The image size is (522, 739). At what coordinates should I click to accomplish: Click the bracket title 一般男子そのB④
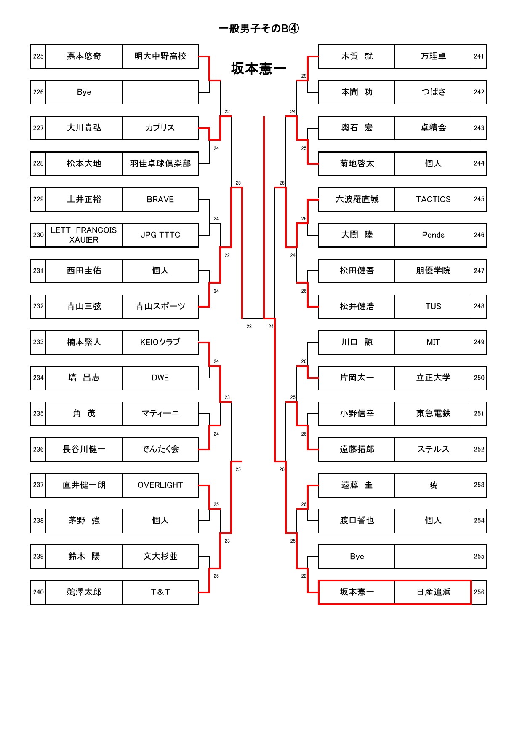click(x=259, y=29)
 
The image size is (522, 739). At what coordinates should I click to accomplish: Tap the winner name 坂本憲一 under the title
click(x=258, y=68)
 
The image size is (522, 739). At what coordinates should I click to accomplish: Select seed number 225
click(x=38, y=56)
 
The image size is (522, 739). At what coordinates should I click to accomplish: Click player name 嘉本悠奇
click(x=84, y=56)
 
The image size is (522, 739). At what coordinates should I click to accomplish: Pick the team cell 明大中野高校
click(x=160, y=56)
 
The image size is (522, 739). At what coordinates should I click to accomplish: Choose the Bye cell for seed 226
click(x=84, y=92)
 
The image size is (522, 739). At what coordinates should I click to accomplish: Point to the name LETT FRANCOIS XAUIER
click(x=84, y=235)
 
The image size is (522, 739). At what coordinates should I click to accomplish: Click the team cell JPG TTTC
click(x=160, y=235)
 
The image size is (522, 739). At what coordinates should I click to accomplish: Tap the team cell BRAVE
click(x=160, y=199)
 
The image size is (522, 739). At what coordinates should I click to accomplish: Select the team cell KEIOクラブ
click(x=160, y=342)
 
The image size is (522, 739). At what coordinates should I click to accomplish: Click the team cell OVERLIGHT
click(x=160, y=485)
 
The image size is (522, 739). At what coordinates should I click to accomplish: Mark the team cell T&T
click(x=160, y=592)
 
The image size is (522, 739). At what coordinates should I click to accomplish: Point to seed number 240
click(x=38, y=592)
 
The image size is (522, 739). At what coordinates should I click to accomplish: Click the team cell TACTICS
click(x=433, y=199)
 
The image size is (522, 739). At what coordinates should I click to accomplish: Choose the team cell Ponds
click(x=433, y=235)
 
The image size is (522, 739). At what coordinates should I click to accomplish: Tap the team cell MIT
click(x=433, y=342)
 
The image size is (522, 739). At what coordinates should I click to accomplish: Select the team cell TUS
click(x=433, y=306)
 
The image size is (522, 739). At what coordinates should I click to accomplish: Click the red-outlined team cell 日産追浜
click(x=433, y=592)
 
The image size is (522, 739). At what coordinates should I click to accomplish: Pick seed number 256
click(x=479, y=592)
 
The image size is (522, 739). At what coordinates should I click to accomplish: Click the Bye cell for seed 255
click(x=357, y=556)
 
